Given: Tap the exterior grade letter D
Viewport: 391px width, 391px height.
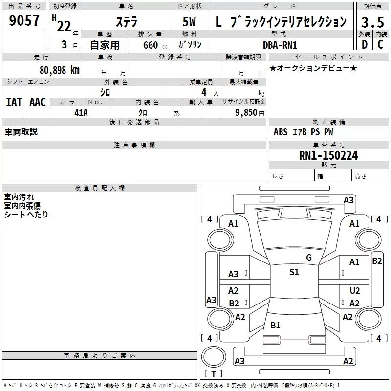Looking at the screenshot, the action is click(364, 44).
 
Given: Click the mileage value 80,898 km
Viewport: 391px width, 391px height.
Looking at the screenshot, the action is click(59, 70).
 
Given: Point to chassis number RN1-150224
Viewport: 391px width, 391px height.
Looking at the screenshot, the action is click(328, 155).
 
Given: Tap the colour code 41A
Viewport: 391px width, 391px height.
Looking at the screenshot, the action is click(81, 112).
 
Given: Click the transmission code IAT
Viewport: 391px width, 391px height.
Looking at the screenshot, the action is click(14, 102).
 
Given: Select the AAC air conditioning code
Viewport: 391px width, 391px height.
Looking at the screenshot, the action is click(38, 102).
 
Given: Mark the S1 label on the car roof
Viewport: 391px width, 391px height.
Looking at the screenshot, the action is click(294, 272).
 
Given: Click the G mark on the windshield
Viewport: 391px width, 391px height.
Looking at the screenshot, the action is click(308, 257).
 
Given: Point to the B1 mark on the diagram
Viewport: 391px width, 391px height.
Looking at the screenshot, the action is click(275, 325).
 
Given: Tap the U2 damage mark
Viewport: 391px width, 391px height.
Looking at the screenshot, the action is click(355, 290).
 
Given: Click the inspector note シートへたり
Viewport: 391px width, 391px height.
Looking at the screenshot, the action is click(26, 214).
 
